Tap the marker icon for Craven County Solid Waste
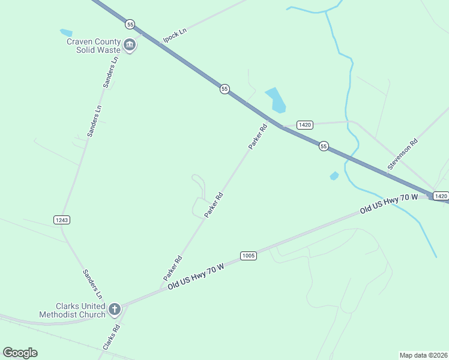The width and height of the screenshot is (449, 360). coord(129,45)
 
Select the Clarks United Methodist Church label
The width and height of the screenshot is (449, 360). coord(72,310)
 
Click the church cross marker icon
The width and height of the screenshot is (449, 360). coord(114,310)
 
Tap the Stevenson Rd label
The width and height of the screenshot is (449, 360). coord(402,156)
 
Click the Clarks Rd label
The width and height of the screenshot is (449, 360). coord(112,337)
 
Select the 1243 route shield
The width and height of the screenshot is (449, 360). coord(62,220)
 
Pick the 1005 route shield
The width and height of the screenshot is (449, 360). coord(249,256)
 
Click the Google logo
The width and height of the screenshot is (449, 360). coord(20,353)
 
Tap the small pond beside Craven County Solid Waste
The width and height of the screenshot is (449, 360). coord(66,32)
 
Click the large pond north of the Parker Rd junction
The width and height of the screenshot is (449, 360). coord(276,100)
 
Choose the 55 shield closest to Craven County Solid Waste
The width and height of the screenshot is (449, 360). coord(130,25)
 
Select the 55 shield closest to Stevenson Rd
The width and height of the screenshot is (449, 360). coord(324,146)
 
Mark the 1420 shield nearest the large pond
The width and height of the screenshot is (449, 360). coord(305,125)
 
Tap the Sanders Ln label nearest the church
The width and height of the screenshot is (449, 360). coord(92,284)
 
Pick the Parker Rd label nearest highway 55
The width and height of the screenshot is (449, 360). coord(258,137)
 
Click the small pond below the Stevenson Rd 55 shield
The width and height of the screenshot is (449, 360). coord(334,176)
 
